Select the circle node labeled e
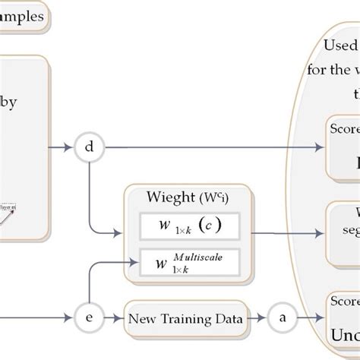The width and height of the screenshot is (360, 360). coord(90,319)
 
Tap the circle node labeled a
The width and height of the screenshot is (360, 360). coord(283,319)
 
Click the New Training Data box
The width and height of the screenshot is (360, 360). coord(186,319)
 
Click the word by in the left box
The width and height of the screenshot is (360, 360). coord(13,104)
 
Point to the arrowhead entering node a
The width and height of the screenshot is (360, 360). coord(267,319)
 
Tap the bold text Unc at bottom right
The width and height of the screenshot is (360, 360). coord(343,335)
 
